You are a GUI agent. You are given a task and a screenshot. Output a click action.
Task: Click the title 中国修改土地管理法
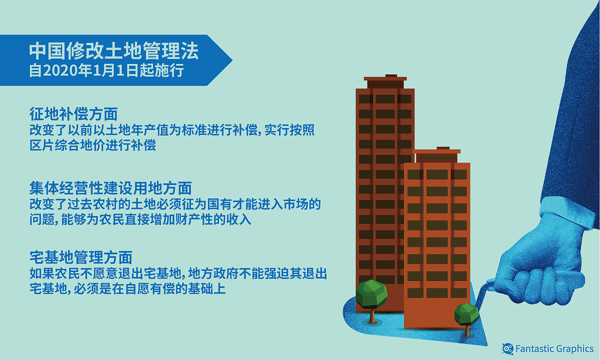point(113,51)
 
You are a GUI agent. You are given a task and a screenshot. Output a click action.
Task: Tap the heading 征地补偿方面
point(73,114)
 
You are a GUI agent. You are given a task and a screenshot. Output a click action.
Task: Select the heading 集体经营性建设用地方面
point(110,187)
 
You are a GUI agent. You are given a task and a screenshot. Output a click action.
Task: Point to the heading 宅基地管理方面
point(80,257)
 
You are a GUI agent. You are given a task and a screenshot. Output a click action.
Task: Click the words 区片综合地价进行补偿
point(92,146)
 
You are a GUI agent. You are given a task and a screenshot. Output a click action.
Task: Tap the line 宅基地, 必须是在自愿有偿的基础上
point(127,288)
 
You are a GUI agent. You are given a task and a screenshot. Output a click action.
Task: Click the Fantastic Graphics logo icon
point(507,348)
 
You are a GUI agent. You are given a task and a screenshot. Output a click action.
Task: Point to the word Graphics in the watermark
point(574,348)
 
